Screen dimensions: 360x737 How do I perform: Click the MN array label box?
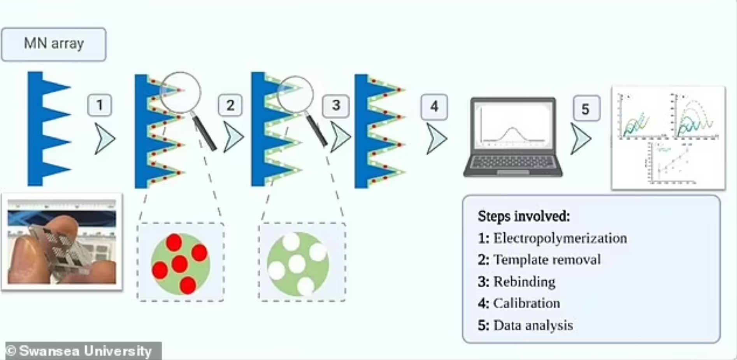[54, 44]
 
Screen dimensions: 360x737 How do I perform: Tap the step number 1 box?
[100, 105]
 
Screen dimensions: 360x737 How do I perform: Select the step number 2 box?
[230, 105]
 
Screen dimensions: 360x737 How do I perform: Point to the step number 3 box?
[336, 105]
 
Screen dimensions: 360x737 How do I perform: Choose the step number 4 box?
[434, 107]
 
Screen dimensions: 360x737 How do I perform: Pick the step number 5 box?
[586, 109]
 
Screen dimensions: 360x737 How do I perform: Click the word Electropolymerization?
[560, 238]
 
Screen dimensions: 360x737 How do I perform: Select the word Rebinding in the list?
[524, 281]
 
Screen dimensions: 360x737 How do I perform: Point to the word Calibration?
[526, 303]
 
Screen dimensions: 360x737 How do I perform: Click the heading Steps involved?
[524, 216]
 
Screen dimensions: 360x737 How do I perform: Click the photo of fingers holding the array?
[62, 242]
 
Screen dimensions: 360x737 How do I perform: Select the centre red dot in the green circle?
[179, 264]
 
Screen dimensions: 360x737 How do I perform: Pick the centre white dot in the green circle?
[297, 264]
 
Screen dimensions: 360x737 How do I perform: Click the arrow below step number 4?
[436, 139]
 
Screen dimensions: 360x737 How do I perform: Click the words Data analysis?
[533, 325]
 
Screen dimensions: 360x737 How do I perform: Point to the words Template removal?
[547, 260]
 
